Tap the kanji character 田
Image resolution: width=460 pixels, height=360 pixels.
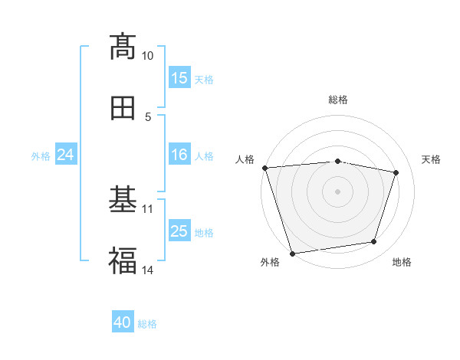pos(123,108)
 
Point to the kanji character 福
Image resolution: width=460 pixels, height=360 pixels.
pos(123,261)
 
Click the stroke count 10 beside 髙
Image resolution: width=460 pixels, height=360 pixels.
pos(147,56)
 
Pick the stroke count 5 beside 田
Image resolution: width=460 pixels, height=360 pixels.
pos(147,116)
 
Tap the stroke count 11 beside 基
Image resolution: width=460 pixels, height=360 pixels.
pos(147,208)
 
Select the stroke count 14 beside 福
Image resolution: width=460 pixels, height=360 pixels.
pos(147,270)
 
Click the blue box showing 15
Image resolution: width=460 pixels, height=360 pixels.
pos(179,78)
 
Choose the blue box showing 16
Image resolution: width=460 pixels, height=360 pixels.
pos(179,155)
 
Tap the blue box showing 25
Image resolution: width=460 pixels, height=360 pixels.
pos(179,231)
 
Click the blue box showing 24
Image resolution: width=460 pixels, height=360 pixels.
pos(66,155)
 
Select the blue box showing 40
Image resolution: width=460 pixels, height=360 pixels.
pos(123,322)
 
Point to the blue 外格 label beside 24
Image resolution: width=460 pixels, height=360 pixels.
pos(41,155)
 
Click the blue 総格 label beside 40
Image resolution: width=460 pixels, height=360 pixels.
pos(148,323)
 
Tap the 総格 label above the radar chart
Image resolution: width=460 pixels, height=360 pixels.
pos(338,100)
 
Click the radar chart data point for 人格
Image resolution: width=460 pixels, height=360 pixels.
pos(264,168)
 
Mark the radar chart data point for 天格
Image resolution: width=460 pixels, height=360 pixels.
pos(396,172)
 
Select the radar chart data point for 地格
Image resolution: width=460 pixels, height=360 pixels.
pos(374,242)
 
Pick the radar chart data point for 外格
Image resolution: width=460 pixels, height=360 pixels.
pos(292,253)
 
